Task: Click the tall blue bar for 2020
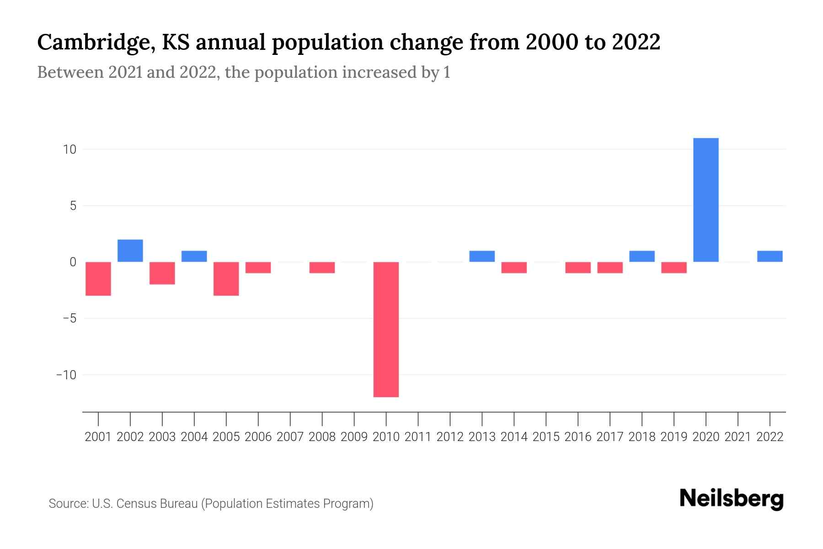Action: click(705, 200)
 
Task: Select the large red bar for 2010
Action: click(386, 329)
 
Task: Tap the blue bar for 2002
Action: click(130, 251)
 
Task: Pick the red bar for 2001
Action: click(98, 279)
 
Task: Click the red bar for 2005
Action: click(226, 279)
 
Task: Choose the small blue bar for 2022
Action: click(770, 256)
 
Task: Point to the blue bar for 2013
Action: click(482, 256)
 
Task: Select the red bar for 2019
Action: click(673, 268)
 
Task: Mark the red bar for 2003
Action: click(162, 273)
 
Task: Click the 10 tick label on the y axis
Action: click(69, 150)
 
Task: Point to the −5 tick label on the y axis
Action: click(67, 318)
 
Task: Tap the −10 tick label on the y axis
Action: click(66, 375)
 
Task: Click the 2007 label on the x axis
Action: click(290, 437)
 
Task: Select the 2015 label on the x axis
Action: click(546, 437)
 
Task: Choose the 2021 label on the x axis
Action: click(737, 437)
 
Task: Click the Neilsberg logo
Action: click(731, 499)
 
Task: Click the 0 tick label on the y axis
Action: click(73, 262)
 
